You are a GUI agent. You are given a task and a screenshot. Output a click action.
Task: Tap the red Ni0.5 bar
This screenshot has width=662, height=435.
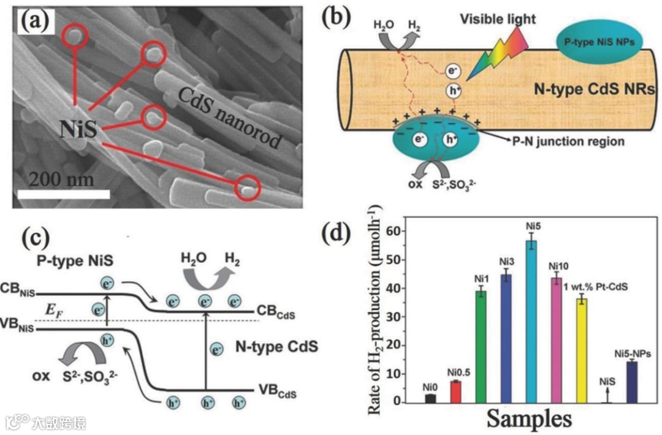coord(455,391)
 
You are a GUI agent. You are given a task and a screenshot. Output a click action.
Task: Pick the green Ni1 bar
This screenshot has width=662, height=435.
coord(481,347)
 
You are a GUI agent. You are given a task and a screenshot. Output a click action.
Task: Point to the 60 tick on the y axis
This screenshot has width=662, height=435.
coord(401,232)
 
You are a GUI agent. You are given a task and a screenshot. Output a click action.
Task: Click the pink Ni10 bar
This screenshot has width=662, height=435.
coord(556,340)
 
